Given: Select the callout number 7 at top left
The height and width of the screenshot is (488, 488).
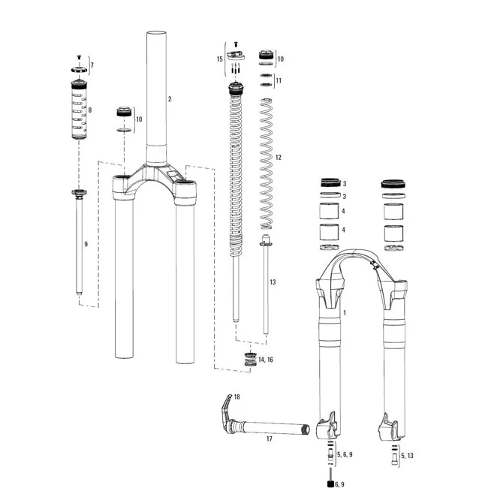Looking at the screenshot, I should coord(92,66).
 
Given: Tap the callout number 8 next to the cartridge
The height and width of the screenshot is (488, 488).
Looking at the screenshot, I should coord(90,110).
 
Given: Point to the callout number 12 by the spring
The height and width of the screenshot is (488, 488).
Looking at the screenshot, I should coord(278,158).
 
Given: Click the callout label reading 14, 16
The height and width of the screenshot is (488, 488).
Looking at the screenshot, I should coord(265,360).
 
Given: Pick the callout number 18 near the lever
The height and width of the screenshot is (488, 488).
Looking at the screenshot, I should coord(237,396).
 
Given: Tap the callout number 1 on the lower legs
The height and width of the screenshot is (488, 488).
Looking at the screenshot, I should coord(345,312).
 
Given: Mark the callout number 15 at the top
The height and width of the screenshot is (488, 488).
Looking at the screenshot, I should coord(220,58).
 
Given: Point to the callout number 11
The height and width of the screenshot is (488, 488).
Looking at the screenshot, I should coord(279,80).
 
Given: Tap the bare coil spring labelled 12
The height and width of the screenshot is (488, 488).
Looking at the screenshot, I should coord(267,165).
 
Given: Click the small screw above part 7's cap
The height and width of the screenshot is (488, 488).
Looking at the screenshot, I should coord(80,58).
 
